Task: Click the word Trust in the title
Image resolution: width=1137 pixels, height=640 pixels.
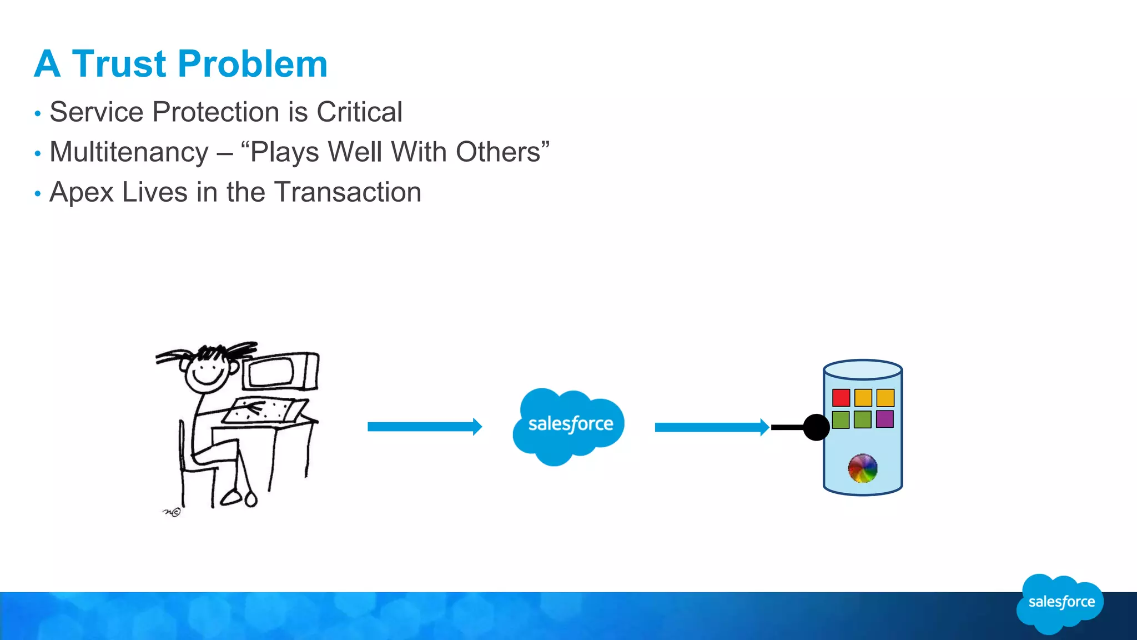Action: tap(119, 64)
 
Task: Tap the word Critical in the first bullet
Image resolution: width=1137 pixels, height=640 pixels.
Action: tap(359, 112)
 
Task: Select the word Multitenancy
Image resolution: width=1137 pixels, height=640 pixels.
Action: tap(129, 152)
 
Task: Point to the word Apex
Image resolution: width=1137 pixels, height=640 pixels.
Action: tap(81, 193)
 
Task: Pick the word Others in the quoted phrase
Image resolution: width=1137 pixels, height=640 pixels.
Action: tap(498, 152)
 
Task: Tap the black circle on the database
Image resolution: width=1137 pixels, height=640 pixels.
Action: tap(816, 427)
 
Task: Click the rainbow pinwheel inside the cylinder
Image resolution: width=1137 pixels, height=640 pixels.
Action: tap(862, 468)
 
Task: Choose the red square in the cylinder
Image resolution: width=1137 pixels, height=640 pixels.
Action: tap(841, 398)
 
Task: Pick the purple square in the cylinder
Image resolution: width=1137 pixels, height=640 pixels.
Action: tap(884, 419)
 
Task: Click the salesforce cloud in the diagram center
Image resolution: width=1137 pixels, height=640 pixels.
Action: tap(570, 425)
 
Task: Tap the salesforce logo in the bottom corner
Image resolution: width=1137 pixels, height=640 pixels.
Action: tap(1060, 603)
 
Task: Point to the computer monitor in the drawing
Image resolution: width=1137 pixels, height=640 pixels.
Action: tap(280, 371)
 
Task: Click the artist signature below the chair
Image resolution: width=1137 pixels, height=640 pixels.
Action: tap(172, 512)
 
